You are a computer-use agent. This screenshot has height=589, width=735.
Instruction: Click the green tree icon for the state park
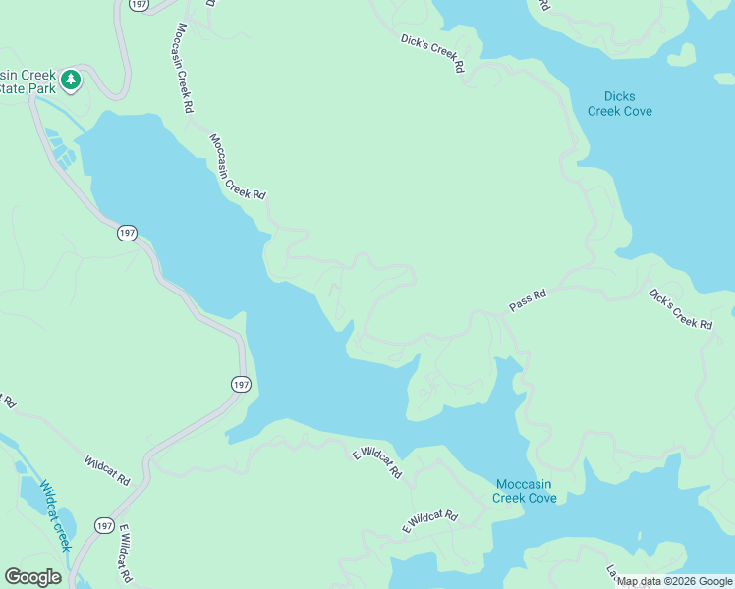[71, 80]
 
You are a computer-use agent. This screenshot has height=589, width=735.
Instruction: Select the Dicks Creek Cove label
[619, 103]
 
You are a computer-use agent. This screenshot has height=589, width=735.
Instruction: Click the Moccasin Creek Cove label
[526, 491]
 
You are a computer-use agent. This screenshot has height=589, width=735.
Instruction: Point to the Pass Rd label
[527, 300]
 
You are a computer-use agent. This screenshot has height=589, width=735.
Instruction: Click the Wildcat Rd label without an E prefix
[106, 470]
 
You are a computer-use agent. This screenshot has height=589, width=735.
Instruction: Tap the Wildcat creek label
[54, 514]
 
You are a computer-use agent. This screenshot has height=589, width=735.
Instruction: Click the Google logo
[33, 576]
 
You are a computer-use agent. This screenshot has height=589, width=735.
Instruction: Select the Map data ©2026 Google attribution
[674, 581]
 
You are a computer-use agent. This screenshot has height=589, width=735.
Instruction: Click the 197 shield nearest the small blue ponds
[126, 233]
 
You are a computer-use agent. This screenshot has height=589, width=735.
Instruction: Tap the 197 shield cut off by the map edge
[138, 4]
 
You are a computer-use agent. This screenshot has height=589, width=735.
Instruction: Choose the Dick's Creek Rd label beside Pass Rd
[679, 308]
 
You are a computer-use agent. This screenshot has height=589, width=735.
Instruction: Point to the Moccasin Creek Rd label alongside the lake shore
[237, 168]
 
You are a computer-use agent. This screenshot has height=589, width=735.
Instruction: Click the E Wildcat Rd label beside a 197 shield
[125, 555]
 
